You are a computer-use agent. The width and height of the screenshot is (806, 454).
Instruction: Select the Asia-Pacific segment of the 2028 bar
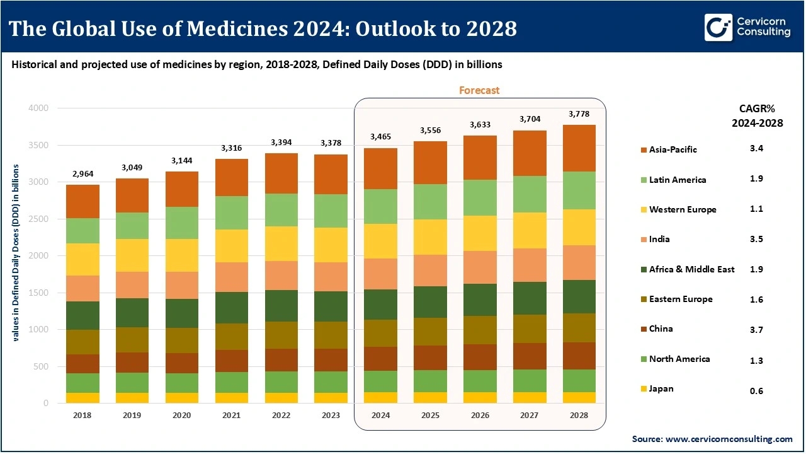pos(579,148)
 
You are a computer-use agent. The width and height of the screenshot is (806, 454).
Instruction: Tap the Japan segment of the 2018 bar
pos(82,398)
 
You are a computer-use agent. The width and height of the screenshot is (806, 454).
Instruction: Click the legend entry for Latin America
pos(678,180)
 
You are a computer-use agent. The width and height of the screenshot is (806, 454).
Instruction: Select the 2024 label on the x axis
pos(380,416)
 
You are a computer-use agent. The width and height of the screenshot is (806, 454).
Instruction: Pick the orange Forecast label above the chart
pos(479,90)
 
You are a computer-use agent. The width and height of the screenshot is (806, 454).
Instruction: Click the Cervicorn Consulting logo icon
pos(717,28)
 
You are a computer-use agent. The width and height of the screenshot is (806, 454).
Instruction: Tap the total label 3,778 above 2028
pos(579,114)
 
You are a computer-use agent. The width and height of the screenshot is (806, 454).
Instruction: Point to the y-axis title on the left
pos(15,253)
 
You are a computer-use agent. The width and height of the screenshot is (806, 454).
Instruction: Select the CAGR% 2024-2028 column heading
pos(757,116)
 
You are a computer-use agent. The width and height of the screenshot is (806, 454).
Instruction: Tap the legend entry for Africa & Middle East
pos(691,269)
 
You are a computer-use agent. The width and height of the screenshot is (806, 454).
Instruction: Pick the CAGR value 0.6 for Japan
pos(756,391)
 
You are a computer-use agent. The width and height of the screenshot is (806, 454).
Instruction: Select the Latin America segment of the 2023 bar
pos(330,211)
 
